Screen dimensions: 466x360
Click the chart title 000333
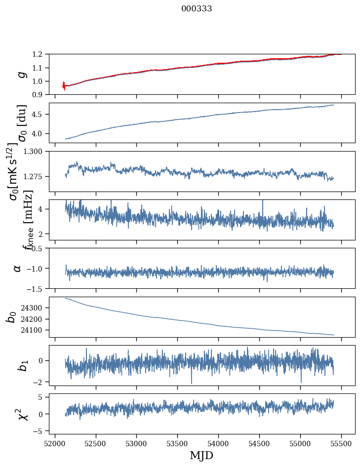(x=197, y=9)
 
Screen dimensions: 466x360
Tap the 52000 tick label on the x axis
(x=55, y=444)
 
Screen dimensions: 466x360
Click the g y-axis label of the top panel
(x=21, y=75)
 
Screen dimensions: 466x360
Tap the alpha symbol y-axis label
(x=17, y=268)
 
